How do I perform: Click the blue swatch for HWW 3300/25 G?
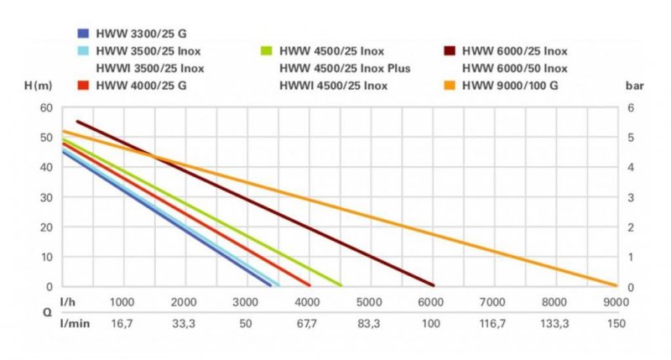[x=82, y=34]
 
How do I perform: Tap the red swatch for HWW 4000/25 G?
[x=82, y=85]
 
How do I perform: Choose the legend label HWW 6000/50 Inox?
[x=514, y=68]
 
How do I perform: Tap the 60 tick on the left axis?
[x=47, y=108]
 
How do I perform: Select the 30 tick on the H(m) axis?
[x=47, y=197]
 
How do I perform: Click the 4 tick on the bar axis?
[x=630, y=168]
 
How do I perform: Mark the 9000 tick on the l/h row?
[x=615, y=302]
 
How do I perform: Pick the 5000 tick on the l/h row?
[x=369, y=302]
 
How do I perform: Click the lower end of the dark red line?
[x=432, y=285]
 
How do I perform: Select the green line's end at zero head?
[x=341, y=285]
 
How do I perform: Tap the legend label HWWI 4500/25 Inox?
[x=333, y=85]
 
